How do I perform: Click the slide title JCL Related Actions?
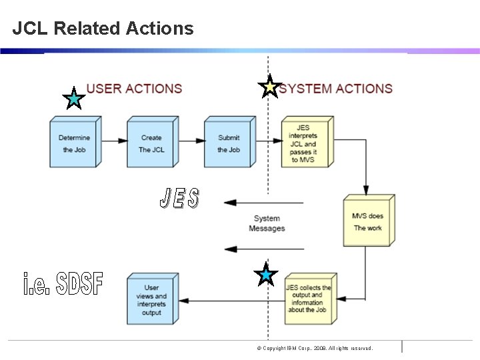[x=103, y=29]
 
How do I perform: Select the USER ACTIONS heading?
[x=134, y=89]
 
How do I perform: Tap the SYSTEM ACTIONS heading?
[x=336, y=89]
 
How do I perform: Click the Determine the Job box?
[x=74, y=143]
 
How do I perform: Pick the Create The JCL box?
[x=151, y=143]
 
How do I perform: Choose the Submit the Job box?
[x=229, y=143]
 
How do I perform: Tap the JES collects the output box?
[x=307, y=299]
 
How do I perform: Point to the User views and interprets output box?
[x=151, y=299]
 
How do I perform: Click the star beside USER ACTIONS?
[x=73, y=99]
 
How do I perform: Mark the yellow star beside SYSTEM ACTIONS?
[x=269, y=87]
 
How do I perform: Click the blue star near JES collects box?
[x=266, y=275]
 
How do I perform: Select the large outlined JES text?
[x=179, y=198]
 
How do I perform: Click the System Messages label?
[x=267, y=223]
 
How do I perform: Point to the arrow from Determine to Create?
[x=114, y=141]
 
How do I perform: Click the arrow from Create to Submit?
[x=191, y=141]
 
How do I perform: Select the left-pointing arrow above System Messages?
[x=263, y=203]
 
